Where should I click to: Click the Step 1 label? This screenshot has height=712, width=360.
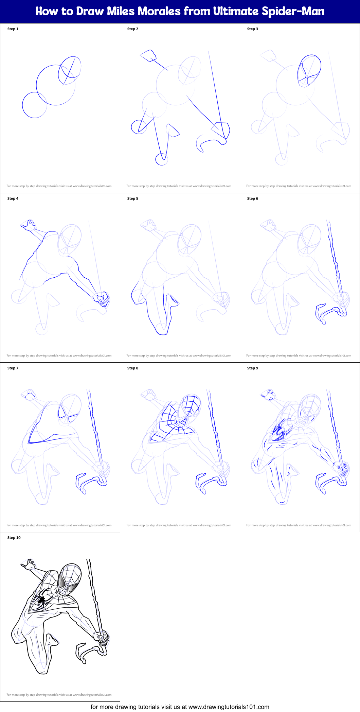coord(13,29)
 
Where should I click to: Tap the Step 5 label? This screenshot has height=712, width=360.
coord(133,198)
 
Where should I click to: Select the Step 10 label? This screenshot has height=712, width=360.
coord(14,538)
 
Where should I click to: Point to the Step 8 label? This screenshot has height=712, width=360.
coord(133,368)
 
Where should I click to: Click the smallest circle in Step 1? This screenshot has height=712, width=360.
coord(34,105)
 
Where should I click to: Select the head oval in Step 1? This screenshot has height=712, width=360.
coord(70,70)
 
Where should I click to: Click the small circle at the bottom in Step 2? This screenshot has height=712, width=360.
coord(162,159)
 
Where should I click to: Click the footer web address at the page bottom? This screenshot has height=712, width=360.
coord(180,707)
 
